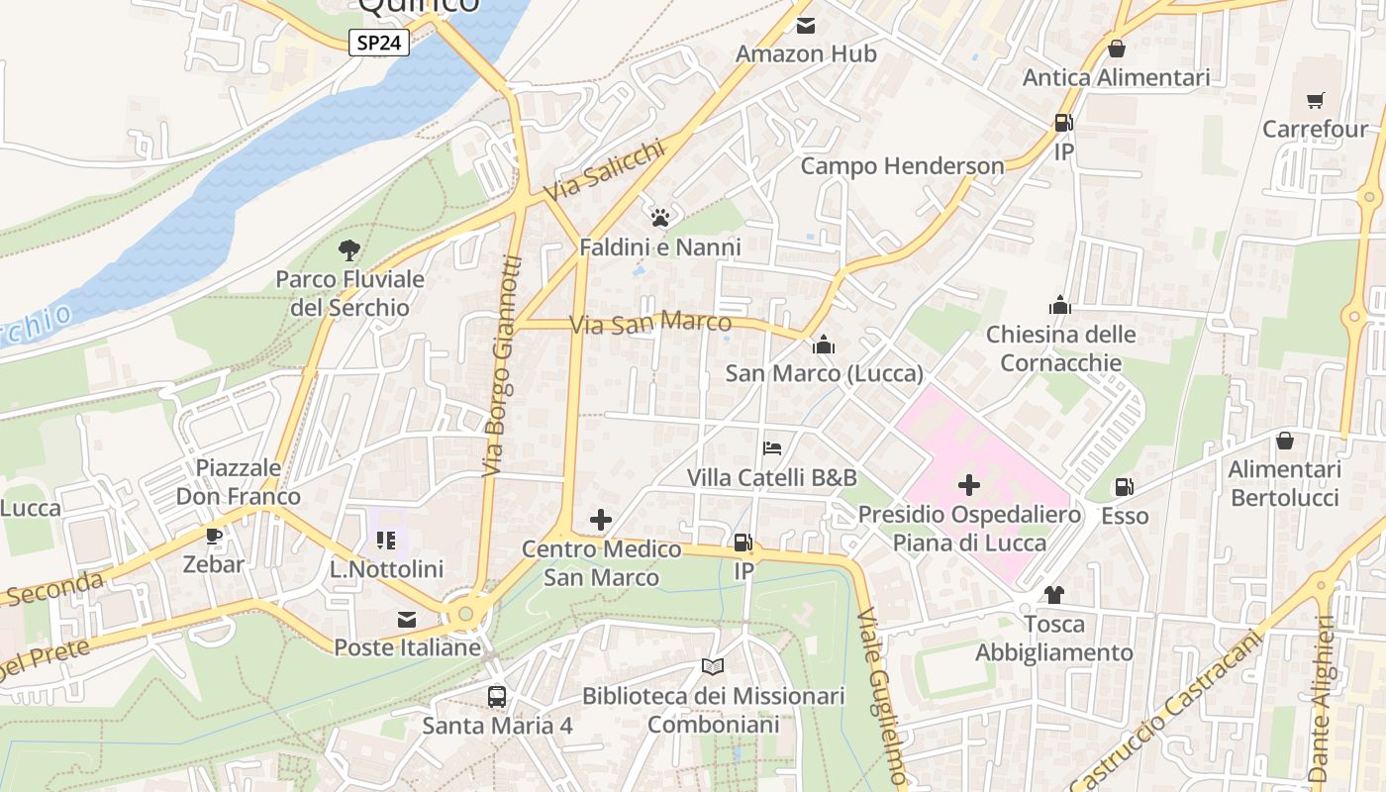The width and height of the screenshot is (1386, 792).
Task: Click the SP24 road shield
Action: coord(379,43)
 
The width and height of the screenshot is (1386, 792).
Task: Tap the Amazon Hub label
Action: coord(806,53)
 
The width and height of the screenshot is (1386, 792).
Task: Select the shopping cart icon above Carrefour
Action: coord(1315,100)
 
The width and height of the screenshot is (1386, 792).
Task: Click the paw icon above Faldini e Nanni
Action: coord(660,218)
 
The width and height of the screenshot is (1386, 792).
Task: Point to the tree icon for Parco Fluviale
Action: coord(348,250)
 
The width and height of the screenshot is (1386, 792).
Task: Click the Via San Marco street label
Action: coord(650,323)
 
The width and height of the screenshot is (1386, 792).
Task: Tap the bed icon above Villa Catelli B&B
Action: coord(772,448)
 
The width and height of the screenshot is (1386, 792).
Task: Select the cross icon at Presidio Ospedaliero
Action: coord(969,485)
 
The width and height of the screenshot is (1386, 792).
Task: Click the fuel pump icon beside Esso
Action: coord(1125,487)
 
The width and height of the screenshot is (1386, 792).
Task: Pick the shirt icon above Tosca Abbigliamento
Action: coord(1054,595)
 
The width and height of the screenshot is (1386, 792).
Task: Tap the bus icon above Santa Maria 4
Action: coord(497,697)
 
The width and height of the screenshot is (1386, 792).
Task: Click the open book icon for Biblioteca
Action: coord(713,667)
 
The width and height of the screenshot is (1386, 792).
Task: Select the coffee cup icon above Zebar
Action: coord(213,536)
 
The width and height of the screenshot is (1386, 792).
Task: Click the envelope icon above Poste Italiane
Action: coord(407,620)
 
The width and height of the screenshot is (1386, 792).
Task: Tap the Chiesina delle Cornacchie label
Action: coord(1060,348)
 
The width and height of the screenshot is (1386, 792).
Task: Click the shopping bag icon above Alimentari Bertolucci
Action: coord(1284,441)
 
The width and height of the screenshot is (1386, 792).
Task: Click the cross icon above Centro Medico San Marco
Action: coord(601,520)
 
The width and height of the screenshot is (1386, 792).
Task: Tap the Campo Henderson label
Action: coord(902,166)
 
